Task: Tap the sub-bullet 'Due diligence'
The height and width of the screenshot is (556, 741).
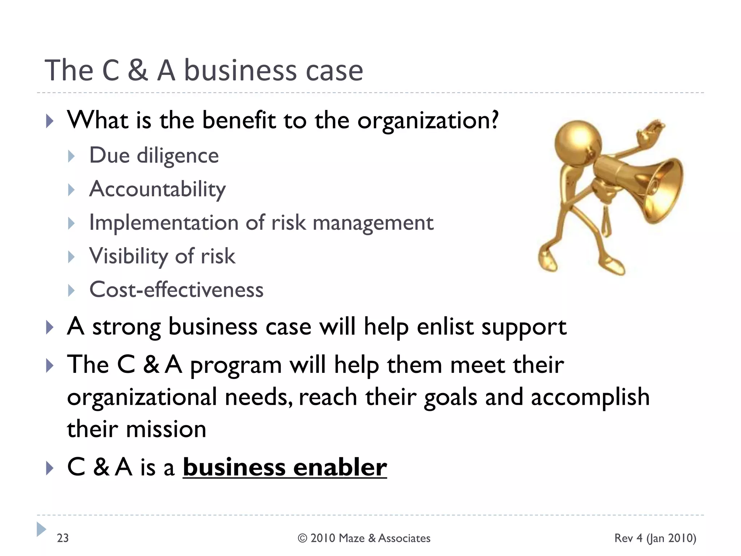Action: [x=154, y=156]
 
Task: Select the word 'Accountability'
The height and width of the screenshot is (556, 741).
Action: [x=157, y=189]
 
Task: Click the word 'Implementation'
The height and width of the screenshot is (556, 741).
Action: [x=164, y=222]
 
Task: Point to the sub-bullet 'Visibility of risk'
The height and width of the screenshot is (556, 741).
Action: [x=162, y=256]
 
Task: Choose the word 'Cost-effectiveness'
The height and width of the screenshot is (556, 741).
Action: [x=176, y=290]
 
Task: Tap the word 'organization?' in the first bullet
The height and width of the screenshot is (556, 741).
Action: [x=428, y=121]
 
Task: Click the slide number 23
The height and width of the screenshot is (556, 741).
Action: [x=63, y=538]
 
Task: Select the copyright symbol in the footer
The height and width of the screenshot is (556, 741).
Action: [x=302, y=538]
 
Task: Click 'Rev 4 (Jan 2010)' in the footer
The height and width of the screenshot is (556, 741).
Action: [x=655, y=538]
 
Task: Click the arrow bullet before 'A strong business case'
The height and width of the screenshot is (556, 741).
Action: [x=50, y=328]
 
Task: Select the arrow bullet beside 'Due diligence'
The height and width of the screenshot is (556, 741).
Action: [x=71, y=156]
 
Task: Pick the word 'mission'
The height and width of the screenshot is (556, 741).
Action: [x=166, y=429]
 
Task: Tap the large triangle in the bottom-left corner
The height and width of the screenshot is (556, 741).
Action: [x=41, y=529]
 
